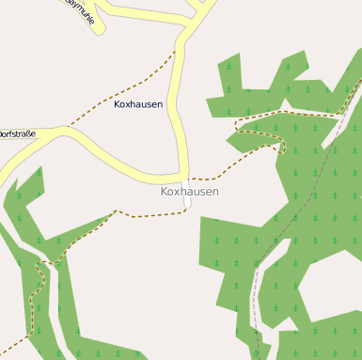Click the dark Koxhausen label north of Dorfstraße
[138, 104]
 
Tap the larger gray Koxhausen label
[190, 192]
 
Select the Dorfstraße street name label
[17, 134]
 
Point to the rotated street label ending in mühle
[80, 13]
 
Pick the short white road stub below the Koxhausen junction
[188, 202]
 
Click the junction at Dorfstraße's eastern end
[186, 178]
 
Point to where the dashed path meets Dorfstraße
[67, 126]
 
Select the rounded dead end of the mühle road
[99, 28]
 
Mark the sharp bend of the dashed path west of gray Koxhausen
[116, 211]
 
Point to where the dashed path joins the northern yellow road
[176, 52]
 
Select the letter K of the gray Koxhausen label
[165, 192]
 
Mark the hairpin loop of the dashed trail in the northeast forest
[281, 146]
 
